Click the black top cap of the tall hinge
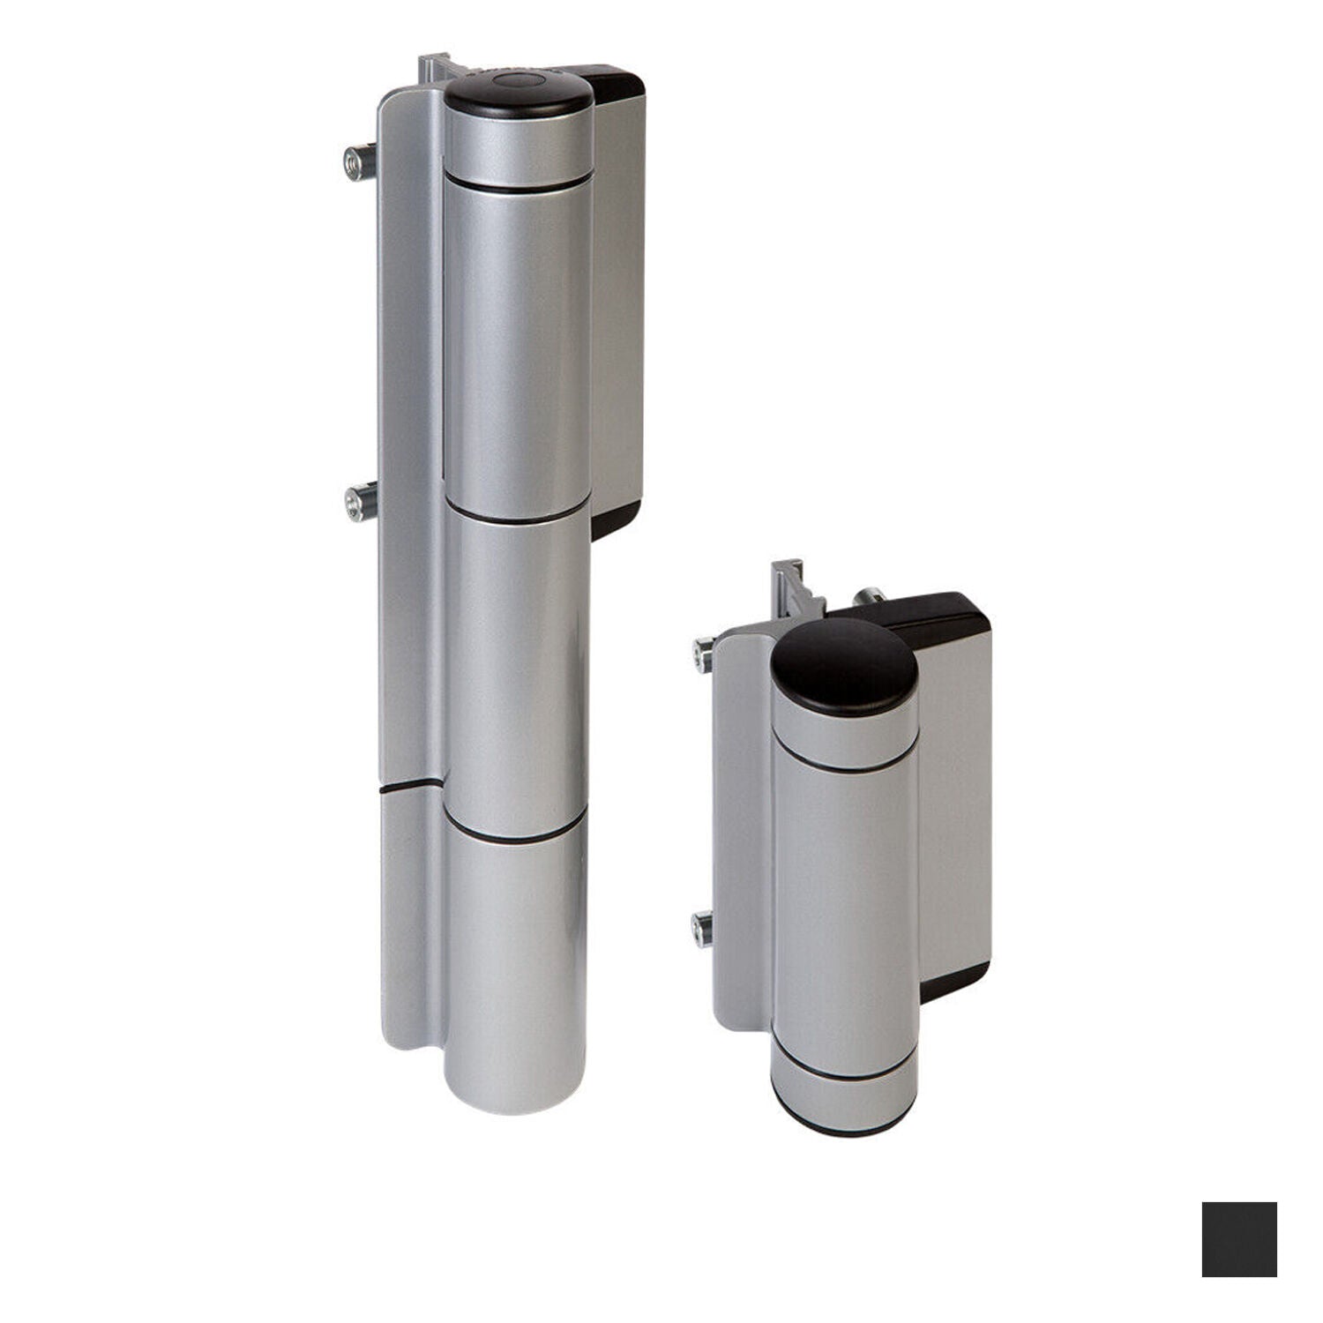(x=518, y=95)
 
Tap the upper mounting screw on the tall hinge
(x=358, y=162)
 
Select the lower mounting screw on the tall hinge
(x=360, y=503)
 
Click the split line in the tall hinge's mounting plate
(x=410, y=784)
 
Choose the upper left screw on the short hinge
(x=703, y=654)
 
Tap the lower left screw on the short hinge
(x=702, y=929)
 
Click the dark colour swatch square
(x=1238, y=1238)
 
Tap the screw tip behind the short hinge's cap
(x=871, y=595)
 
